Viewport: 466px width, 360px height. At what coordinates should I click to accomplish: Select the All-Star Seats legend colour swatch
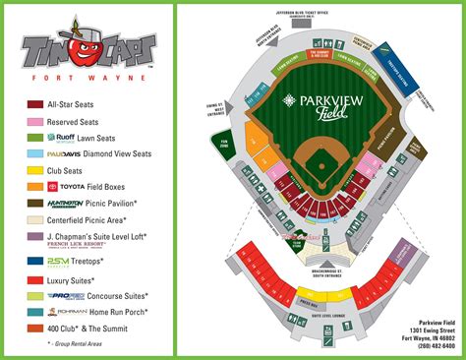click(x=36, y=103)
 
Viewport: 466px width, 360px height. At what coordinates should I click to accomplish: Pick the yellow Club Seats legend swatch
click(x=36, y=170)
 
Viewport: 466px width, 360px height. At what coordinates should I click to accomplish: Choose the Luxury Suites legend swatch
click(x=36, y=280)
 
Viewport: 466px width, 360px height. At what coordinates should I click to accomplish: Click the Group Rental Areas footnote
click(x=70, y=344)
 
